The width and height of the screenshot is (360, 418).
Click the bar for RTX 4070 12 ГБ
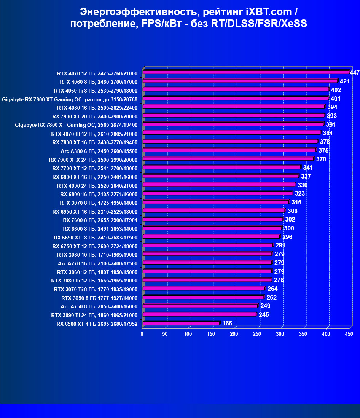(x=245, y=72)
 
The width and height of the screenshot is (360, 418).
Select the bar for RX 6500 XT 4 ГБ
(x=181, y=324)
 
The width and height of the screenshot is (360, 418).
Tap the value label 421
(x=345, y=81)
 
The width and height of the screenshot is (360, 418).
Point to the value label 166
(x=227, y=324)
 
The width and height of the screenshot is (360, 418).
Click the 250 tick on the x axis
(x=257, y=334)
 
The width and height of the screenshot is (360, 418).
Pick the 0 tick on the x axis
(x=142, y=334)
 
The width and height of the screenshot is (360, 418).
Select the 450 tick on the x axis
(x=349, y=334)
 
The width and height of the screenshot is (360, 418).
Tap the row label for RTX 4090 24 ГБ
(x=97, y=186)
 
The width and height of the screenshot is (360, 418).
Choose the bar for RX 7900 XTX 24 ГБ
(x=228, y=159)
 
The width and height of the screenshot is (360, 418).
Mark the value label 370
(x=321, y=159)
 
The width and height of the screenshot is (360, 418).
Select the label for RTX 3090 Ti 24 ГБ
(x=94, y=316)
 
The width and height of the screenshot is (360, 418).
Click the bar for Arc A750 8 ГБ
(x=200, y=306)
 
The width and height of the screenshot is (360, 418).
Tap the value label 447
(x=355, y=73)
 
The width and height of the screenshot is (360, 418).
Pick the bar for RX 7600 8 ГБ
(x=212, y=220)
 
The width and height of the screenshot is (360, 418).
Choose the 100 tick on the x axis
(x=188, y=334)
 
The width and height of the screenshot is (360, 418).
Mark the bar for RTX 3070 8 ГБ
(x=215, y=202)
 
